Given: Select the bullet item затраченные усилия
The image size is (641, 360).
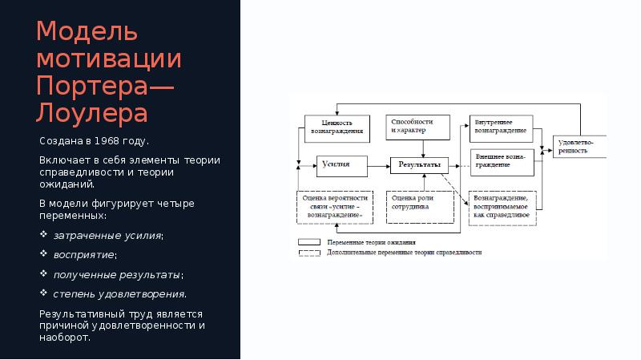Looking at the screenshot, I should (x=108, y=236).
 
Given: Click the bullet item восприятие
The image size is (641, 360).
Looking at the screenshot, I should (x=84, y=255).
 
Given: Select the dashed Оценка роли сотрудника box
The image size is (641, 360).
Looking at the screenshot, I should (x=417, y=206).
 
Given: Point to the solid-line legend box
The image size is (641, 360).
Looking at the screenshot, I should (x=310, y=241).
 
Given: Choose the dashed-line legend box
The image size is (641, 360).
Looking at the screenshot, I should (x=310, y=252).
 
